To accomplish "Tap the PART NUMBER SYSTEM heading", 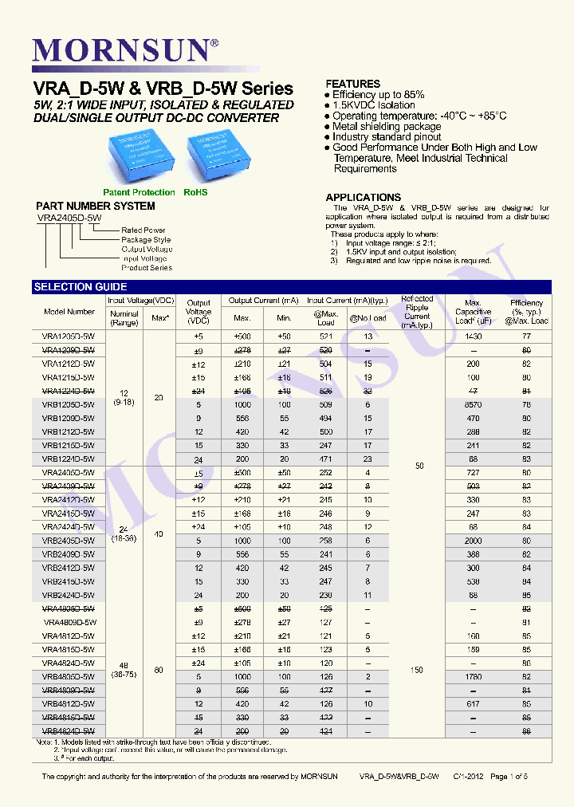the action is tap(96, 207).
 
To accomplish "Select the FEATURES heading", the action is tap(353, 84).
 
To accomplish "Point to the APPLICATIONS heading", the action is tap(363, 197).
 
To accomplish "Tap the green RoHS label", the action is tap(195, 192).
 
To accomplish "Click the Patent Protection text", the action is tap(139, 192).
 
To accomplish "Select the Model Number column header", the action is tap(69, 312).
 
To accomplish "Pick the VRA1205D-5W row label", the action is tap(68, 337).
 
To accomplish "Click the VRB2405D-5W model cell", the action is tap(68, 541).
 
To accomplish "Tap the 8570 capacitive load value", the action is tap(474, 404).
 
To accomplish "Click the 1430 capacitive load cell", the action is tap(474, 337).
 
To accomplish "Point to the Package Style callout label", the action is tap(146, 239).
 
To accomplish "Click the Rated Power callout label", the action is tap(143, 230).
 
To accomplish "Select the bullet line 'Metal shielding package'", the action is tap(387, 126).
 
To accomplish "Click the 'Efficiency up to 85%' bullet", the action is tap(378, 95).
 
